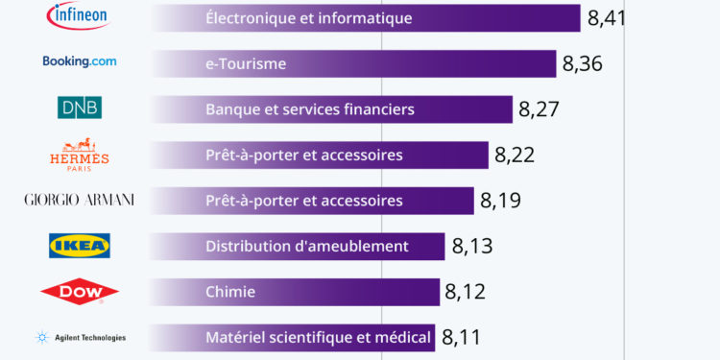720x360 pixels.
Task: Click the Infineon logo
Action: point(79,15)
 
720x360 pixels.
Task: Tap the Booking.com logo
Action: point(80,61)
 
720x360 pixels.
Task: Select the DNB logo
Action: point(80,108)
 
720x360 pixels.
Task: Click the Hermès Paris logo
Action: point(79,154)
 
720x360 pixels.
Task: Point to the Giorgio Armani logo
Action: point(79,200)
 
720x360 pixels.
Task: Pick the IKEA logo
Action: point(80,246)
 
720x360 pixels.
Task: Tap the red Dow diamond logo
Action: point(80,292)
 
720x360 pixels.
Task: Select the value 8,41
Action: point(606,17)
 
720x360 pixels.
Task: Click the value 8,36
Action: point(582,63)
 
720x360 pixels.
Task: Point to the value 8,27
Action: point(539,109)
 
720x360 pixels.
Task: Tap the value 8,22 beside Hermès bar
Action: point(515,156)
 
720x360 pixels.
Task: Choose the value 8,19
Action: point(500,202)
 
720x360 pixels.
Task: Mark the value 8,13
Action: point(471,248)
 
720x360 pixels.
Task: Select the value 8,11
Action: point(461,338)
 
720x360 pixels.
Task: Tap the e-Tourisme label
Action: point(246,64)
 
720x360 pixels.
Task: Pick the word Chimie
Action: point(230,292)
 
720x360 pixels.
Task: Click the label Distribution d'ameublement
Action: point(306,247)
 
